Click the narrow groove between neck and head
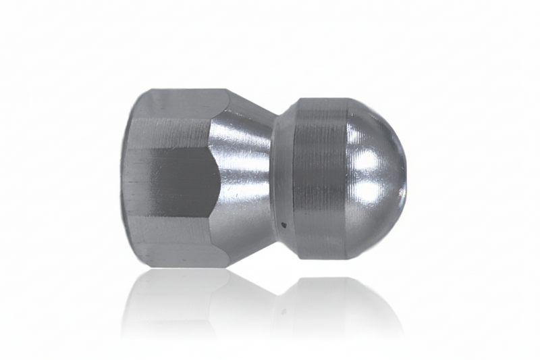[275, 179]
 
